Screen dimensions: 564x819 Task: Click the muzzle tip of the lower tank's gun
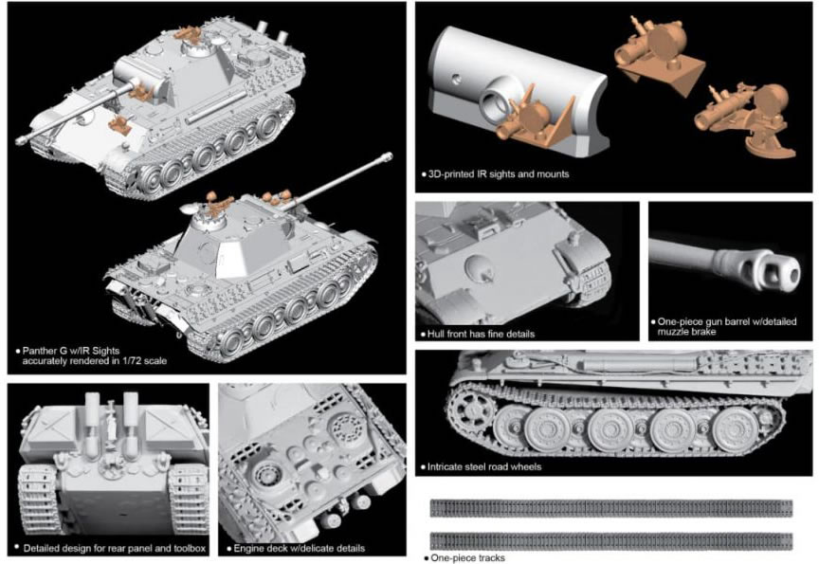pyautogui.click(x=388, y=155)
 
